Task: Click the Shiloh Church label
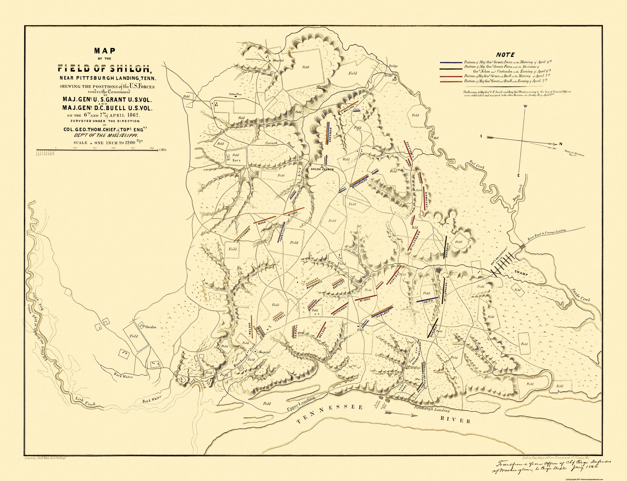(322, 169)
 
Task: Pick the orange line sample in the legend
(451, 82)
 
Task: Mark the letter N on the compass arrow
(561, 144)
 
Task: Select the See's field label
(235, 160)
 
